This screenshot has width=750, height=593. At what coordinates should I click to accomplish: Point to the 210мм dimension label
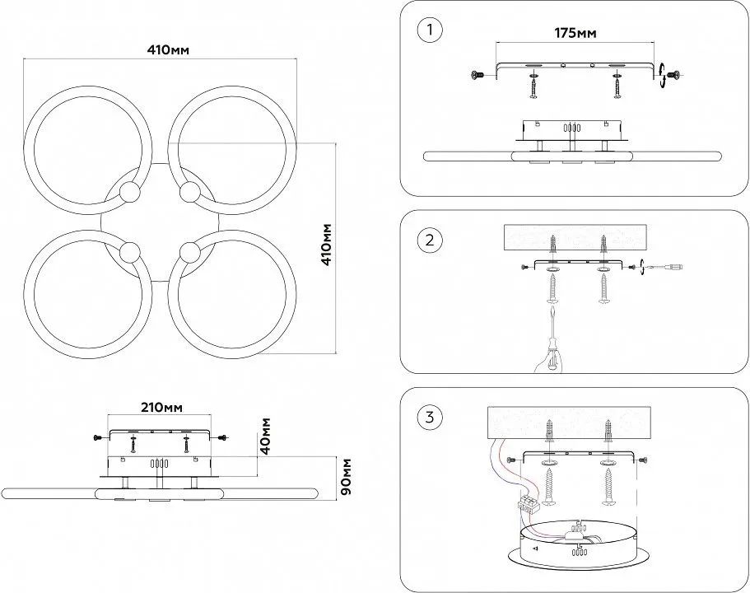[161, 408]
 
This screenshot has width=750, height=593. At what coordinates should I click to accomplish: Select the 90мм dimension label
[346, 477]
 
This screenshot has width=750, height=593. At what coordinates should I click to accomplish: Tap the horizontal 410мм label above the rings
[169, 49]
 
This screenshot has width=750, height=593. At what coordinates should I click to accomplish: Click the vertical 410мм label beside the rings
[327, 244]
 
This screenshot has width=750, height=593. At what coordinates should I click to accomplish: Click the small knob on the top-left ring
[129, 194]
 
